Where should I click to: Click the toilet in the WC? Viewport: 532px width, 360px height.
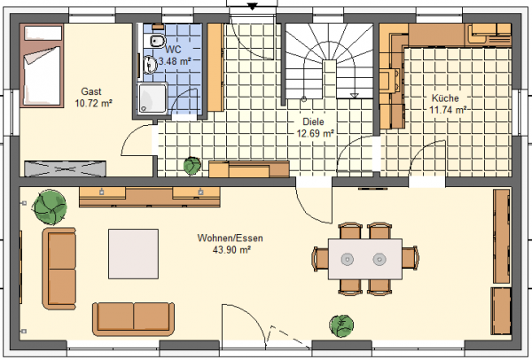157,41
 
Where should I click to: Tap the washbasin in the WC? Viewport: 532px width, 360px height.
150,65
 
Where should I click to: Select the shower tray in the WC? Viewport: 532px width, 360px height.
153,98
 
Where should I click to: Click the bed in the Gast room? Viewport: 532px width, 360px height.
42,66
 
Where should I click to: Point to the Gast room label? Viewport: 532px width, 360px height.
91,91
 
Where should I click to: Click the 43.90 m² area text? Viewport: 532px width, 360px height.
231,250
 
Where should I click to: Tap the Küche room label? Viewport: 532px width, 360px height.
445,98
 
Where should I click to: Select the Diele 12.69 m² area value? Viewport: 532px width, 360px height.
315,133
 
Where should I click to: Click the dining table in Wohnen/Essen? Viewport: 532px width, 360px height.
365,259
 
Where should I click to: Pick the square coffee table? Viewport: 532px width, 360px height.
133,254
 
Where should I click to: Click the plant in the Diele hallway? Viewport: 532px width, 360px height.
192,166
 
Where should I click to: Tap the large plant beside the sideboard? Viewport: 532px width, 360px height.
50,207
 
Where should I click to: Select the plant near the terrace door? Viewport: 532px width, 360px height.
341,325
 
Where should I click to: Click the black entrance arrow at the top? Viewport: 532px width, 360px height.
252,6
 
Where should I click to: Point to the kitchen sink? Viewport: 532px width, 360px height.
390,80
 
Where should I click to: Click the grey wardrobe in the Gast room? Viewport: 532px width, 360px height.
65,168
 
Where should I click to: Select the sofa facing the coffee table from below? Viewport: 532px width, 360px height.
133,318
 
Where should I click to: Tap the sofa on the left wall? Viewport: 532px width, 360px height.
59,269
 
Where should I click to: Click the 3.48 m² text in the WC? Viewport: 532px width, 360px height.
175,61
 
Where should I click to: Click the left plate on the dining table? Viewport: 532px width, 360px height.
347,259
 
